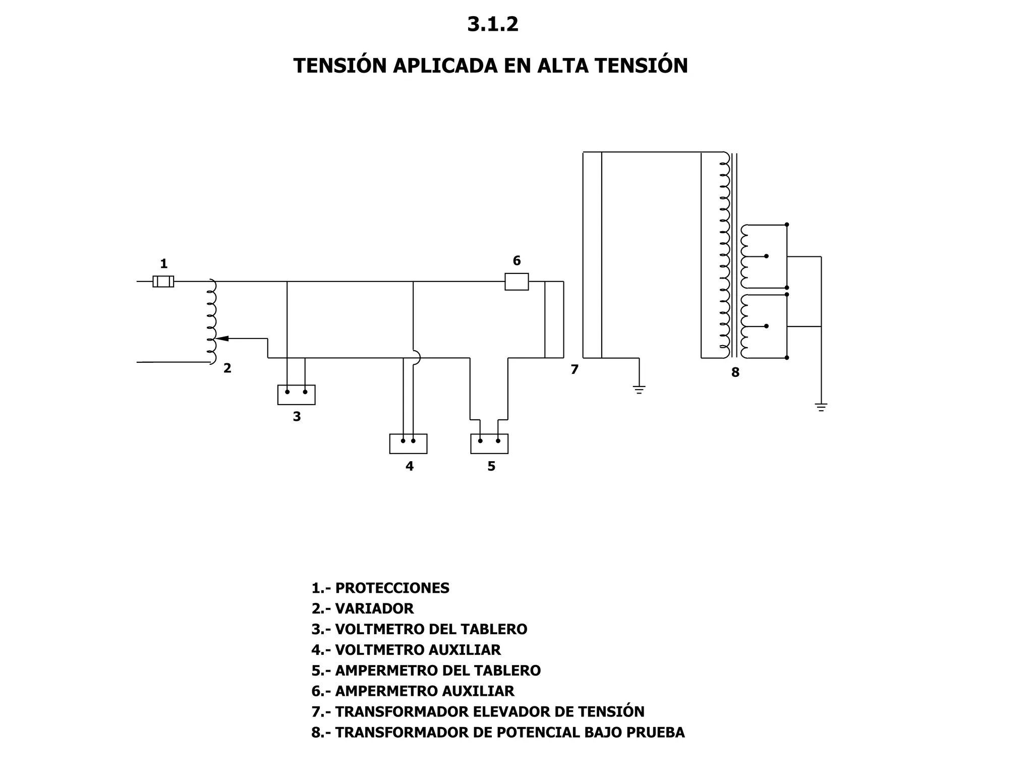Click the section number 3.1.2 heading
click(x=492, y=24)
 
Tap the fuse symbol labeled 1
click(x=163, y=281)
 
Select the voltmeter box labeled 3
click(x=296, y=395)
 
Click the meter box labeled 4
click(x=408, y=444)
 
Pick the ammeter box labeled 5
click(x=489, y=444)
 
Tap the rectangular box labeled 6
click(x=516, y=282)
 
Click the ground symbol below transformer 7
click(x=639, y=390)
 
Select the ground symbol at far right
click(x=821, y=407)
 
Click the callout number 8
click(x=735, y=373)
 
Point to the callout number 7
click(x=575, y=370)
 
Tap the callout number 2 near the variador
click(x=227, y=368)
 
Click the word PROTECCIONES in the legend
click(x=392, y=588)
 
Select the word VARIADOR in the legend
click(x=374, y=609)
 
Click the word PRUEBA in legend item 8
click(x=655, y=733)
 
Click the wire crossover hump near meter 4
click(x=417, y=358)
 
